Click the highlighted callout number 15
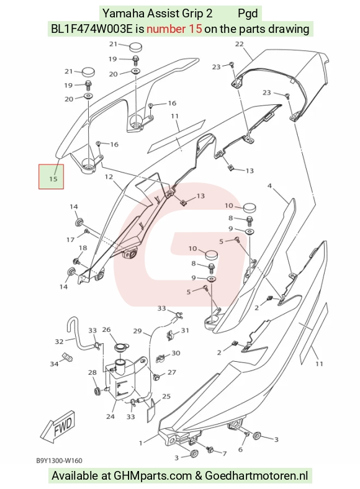pos(53,179)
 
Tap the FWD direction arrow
pos(58,426)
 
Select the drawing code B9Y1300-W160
pos(59,460)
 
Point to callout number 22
pos(239,44)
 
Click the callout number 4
pos(269,186)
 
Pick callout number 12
pos(109,177)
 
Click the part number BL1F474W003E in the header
pos(92,29)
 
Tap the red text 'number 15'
pos(174,29)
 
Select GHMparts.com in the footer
pos(153,475)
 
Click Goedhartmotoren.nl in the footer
pos(256,475)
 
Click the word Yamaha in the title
pos(124,14)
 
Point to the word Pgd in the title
pos(248,14)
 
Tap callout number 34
pos(54,364)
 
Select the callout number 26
pos(106,330)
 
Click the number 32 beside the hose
pos(59,341)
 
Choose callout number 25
pos(166,396)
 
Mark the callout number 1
pos(141,443)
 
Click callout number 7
pos(223,453)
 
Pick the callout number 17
pos(70,240)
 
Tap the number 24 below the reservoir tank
pos(110,416)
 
